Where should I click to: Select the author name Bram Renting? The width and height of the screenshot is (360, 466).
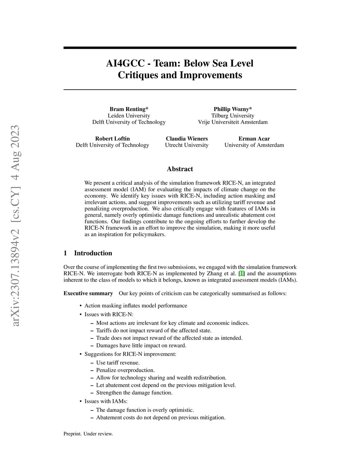(x=127, y=109)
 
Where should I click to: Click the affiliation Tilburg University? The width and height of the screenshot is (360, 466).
(x=232, y=116)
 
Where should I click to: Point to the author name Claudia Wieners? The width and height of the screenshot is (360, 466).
(x=187, y=139)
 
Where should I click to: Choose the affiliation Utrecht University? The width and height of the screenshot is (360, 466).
(x=187, y=145)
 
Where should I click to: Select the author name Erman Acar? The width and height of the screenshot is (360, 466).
(x=254, y=139)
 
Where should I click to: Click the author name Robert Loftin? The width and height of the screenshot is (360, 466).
(x=112, y=139)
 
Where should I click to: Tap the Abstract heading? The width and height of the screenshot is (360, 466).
(x=180, y=169)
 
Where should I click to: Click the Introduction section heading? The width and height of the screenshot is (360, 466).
(x=93, y=253)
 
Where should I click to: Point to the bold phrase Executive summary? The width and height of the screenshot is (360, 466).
(x=88, y=293)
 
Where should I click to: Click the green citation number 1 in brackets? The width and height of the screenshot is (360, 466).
(x=241, y=273)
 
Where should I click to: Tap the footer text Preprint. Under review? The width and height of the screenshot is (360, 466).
(x=88, y=434)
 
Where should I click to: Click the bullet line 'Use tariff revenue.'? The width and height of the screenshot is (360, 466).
(x=118, y=363)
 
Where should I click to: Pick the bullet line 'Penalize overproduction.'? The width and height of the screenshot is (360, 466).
(x=125, y=370)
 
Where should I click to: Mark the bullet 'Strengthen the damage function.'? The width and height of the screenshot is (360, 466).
(x=134, y=392)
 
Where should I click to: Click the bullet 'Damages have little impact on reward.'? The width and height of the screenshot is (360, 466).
(x=141, y=345)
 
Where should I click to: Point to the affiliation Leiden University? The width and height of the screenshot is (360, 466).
(x=129, y=116)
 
